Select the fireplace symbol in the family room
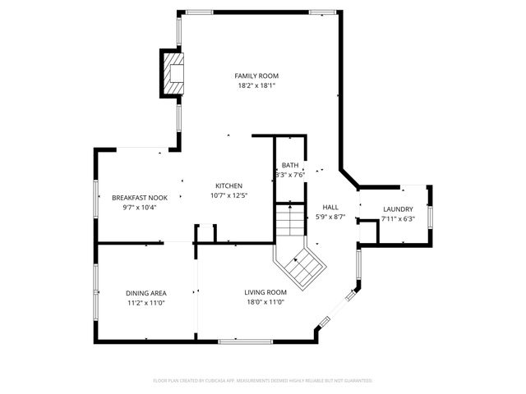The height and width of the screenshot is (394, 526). point(173,74)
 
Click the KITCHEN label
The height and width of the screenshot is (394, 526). point(228,185)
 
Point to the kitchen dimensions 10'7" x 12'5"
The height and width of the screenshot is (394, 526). point(228,195)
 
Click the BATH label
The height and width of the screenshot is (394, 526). point(290,165)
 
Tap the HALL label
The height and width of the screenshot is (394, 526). point(330,208)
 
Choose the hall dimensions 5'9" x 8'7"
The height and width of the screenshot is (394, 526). point(330,218)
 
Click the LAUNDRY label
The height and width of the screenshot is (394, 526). point(398,208)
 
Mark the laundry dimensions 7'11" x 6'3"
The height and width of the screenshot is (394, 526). point(398,219)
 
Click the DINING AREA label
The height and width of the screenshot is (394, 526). point(146,293)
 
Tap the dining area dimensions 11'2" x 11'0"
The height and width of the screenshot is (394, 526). point(146,303)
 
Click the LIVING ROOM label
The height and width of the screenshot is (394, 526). point(265,292)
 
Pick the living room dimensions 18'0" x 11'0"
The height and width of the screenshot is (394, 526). point(265,302)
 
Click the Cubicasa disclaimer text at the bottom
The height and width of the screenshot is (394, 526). point(263,381)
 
